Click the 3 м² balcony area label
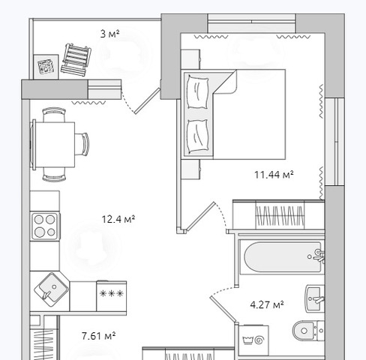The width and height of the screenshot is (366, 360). [x=109, y=34]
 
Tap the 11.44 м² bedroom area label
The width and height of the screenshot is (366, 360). [x=274, y=175]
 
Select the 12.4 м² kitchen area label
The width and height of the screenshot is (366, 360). [x=118, y=219]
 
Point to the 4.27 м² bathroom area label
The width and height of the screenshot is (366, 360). [x=267, y=304]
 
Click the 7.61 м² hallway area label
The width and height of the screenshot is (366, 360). [x=98, y=336]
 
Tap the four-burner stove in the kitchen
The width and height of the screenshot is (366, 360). [x=45, y=226]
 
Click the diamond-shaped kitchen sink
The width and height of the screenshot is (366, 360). [x=51, y=289]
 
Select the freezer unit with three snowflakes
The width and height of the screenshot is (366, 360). [x=112, y=296]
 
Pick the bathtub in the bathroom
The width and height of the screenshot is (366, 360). [x=283, y=256]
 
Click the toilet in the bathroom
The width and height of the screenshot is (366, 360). [x=308, y=331]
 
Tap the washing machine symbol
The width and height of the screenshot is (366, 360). [x=253, y=340]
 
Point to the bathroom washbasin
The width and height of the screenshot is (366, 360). [x=314, y=298]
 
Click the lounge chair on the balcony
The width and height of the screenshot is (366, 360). [x=76, y=60]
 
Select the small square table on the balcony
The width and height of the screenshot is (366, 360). [x=46, y=67]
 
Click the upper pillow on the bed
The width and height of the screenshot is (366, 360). [x=198, y=91]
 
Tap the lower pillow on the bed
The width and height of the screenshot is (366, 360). [x=198, y=136]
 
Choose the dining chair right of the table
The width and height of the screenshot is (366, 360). [x=82, y=144]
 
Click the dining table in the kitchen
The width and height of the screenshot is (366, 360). [x=52, y=145]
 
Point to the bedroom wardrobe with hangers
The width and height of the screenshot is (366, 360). [x=279, y=214]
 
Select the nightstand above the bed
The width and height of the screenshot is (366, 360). [x=190, y=59]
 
